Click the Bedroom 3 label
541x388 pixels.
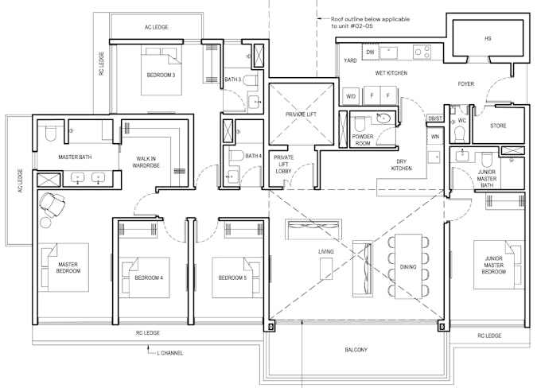[161, 75]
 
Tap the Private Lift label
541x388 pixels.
[301, 114]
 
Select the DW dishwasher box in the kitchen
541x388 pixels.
[370, 52]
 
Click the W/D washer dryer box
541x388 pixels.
[351, 96]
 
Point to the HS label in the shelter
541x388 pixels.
[488, 38]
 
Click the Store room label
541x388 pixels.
[498, 126]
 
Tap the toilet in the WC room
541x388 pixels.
[461, 134]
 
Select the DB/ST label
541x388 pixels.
[434, 118]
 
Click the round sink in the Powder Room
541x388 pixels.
[383, 118]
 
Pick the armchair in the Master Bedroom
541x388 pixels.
[52, 204]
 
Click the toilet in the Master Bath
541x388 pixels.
[50, 134]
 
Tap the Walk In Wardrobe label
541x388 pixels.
[146, 162]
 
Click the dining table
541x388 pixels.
[408, 266]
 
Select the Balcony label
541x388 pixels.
[356, 350]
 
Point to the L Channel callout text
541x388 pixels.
[169, 353]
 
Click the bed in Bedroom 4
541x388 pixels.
[144, 277]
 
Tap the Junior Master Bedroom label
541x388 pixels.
[494, 265]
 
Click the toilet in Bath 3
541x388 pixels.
[250, 81]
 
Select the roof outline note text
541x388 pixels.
[370, 22]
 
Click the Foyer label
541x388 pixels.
[465, 83]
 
